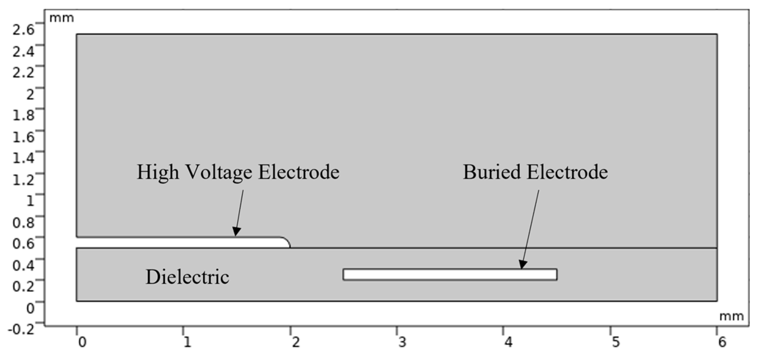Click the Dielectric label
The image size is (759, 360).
187,277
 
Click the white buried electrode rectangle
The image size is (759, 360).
450,275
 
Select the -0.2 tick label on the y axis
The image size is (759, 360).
21,329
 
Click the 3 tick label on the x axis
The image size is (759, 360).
402,342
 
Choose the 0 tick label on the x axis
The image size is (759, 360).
82,342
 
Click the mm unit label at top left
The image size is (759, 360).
61,17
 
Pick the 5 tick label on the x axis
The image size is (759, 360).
615,342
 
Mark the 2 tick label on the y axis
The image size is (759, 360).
30,94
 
